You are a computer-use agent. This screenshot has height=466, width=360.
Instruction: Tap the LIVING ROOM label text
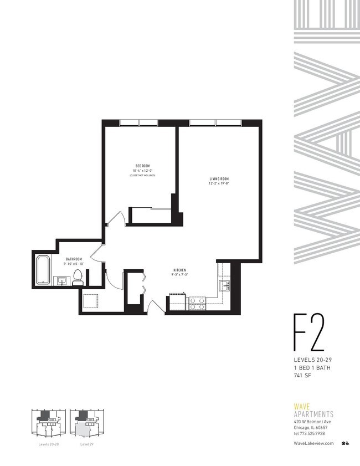219,178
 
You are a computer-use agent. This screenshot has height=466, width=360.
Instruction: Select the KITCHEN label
178,269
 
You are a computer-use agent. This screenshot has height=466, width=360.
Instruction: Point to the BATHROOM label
74,259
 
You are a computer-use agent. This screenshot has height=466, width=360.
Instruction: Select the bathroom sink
61,281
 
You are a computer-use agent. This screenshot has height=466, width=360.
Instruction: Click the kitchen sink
224,286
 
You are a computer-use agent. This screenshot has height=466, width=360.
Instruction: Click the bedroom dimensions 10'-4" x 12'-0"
142,170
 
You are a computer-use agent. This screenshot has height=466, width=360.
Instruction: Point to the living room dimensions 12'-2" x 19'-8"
219,183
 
